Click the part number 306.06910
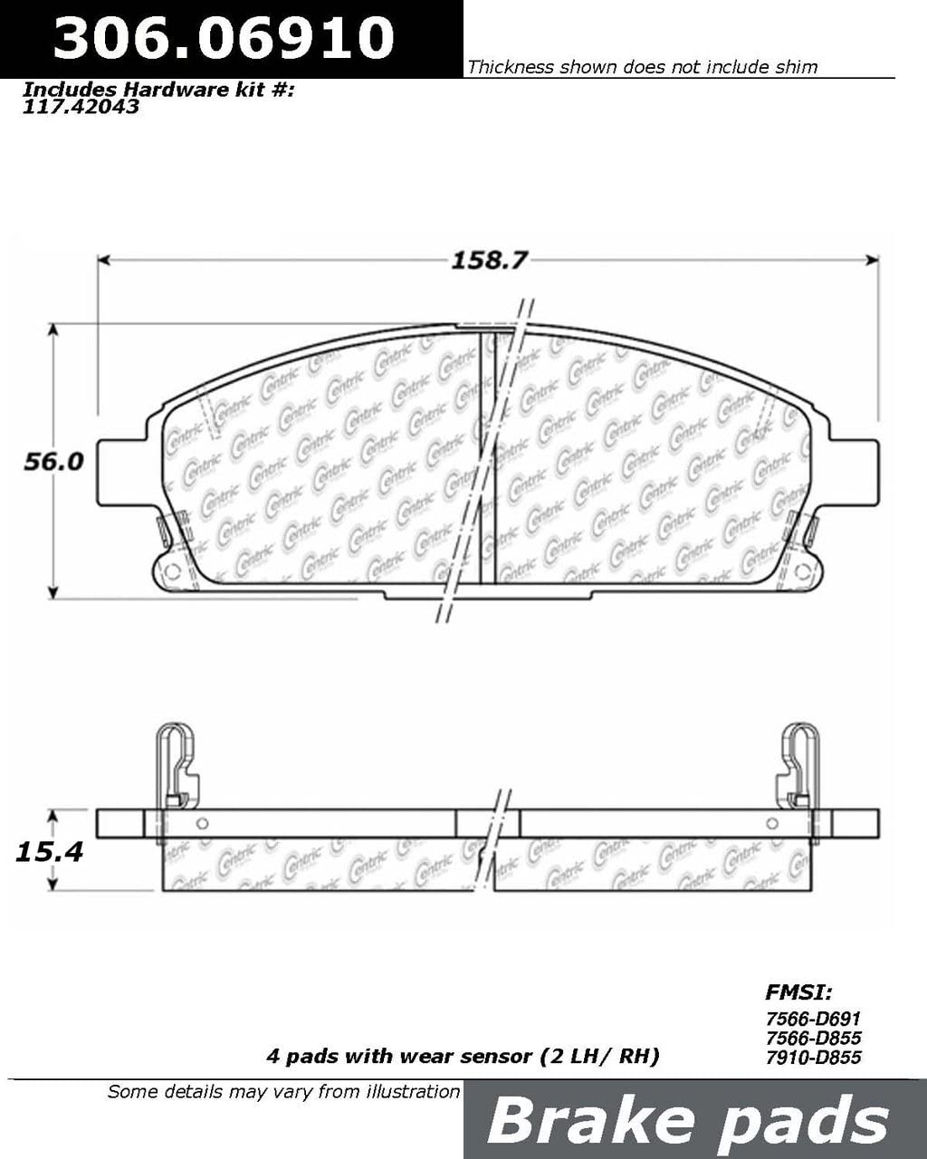pyautogui.click(x=224, y=37)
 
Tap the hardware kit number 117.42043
pyautogui.click(x=81, y=107)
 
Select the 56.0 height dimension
pyautogui.click(x=54, y=462)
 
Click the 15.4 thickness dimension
pyautogui.click(x=50, y=851)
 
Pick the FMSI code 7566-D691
pyautogui.click(x=813, y=1018)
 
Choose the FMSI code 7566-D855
pyautogui.click(x=813, y=1038)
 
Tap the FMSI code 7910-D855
pyautogui.click(x=813, y=1057)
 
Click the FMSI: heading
pyautogui.click(x=798, y=991)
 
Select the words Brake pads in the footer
pyautogui.click(x=688, y=1121)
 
